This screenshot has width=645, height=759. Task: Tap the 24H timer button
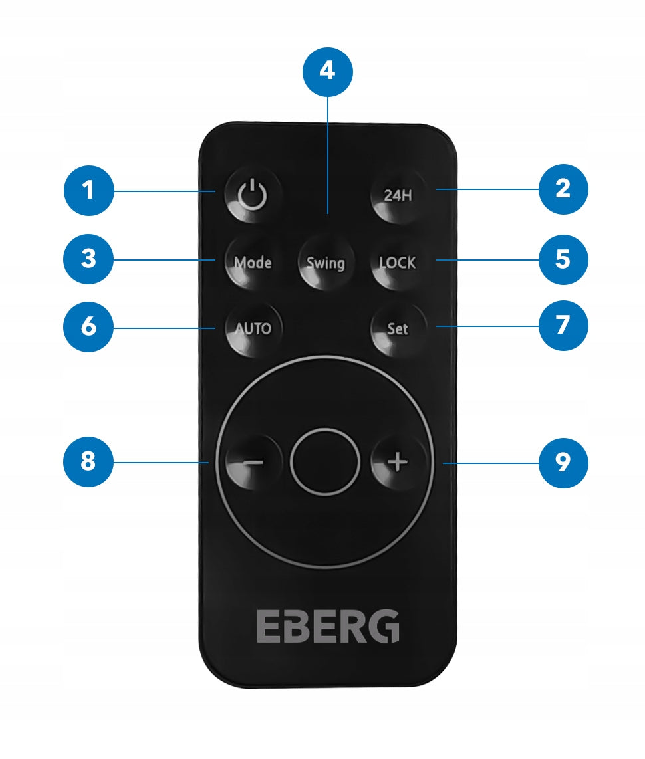pos(398,195)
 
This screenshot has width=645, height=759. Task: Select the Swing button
pos(325,262)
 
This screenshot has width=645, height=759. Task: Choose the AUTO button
pos(253,328)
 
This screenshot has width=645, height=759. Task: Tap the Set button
pos(398,328)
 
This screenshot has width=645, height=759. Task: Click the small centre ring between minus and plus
pos(325,461)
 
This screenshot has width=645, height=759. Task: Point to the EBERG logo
pos(328,626)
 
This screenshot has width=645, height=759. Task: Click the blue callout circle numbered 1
pos(88,191)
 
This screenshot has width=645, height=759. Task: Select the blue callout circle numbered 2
pos(563,189)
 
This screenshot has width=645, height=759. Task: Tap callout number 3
pos(88,259)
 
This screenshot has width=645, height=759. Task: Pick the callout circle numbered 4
pos(327,72)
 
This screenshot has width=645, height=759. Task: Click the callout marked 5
pos(563,259)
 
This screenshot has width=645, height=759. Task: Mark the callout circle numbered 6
pos(88,327)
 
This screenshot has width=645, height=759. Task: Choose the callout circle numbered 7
pos(563,325)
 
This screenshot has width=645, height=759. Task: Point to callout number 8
pos(88,462)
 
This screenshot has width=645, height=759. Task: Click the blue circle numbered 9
pos(563,463)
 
